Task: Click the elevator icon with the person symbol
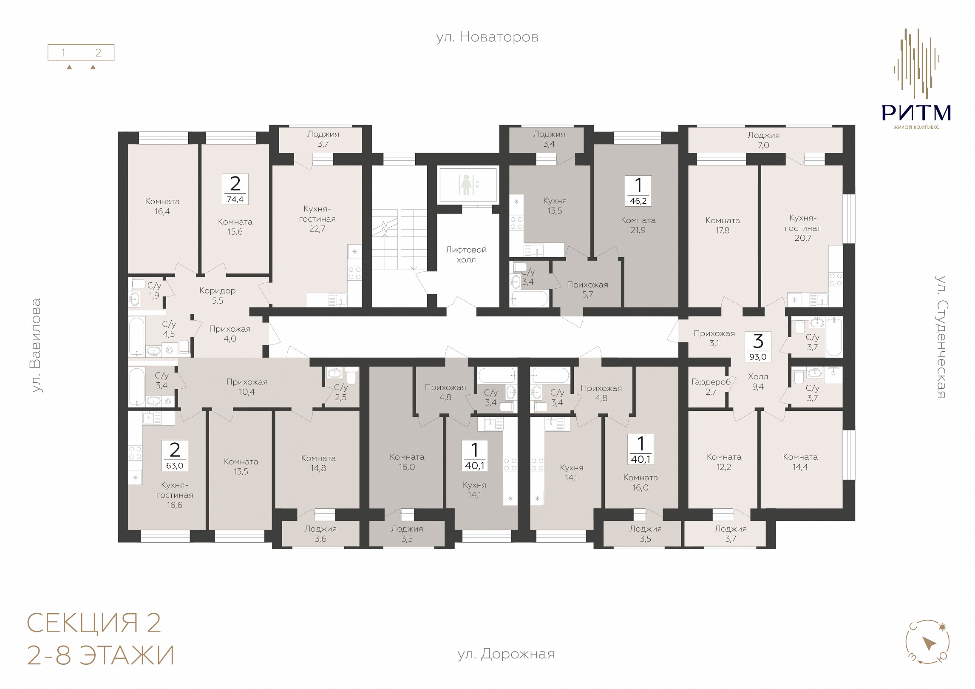coord(468,185)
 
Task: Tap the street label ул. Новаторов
coord(487,37)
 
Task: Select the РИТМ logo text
coord(916,113)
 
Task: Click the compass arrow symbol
coord(929,643)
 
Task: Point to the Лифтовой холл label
coord(466,255)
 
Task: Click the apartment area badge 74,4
coord(235,189)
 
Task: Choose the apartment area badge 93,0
coord(758,347)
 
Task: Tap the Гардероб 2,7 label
coord(711,387)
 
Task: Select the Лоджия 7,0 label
coord(764,140)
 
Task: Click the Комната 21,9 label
coord(638,225)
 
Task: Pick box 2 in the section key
coord(98,53)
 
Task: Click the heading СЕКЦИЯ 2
coord(94,623)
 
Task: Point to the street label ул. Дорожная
coord(506,654)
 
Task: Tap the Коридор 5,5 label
coord(217,296)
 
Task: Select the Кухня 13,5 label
coord(555,206)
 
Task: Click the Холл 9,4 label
coord(758,382)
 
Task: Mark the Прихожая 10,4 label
coord(247,387)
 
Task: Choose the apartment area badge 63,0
coord(175,456)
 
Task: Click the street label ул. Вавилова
coord(37,345)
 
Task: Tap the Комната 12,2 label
coord(724,462)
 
